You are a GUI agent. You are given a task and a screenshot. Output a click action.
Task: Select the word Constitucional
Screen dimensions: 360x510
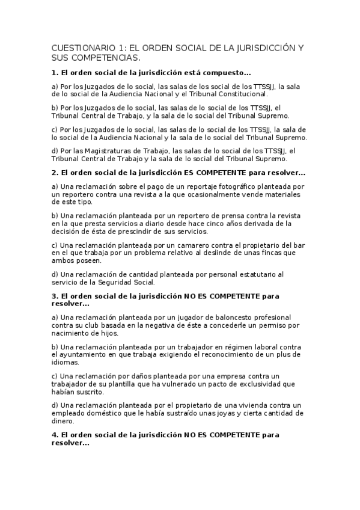tap(239, 94)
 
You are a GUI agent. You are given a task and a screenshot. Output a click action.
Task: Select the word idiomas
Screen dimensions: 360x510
tap(66, 363)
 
